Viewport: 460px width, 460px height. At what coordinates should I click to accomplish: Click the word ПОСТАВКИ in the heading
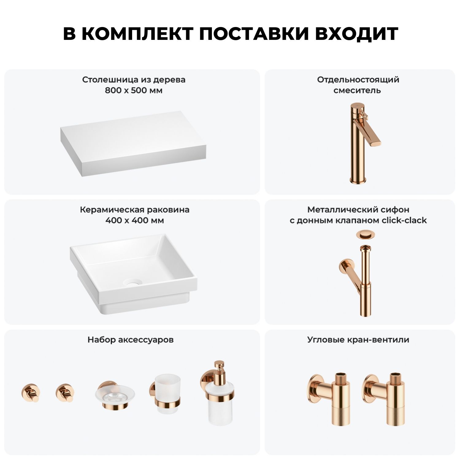(254, 34)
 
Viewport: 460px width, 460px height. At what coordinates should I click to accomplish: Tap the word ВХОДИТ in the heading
(356, 34)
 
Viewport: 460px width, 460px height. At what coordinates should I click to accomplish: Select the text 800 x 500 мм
(134, 90)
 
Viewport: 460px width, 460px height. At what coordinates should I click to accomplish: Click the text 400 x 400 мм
(135, 220)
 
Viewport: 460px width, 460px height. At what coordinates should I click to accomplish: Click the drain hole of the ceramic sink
(132, 282)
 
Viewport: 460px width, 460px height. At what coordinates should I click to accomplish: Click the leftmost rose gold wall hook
(31, 392)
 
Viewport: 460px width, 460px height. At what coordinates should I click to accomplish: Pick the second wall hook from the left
(65, 392)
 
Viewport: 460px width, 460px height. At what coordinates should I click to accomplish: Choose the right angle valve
(384, 398)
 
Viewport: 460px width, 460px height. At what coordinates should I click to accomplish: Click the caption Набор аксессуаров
(131, 340)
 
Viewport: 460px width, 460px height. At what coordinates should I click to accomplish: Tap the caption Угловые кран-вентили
(358, 340)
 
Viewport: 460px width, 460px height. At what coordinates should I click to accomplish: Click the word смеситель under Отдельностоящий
(357, 90)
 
